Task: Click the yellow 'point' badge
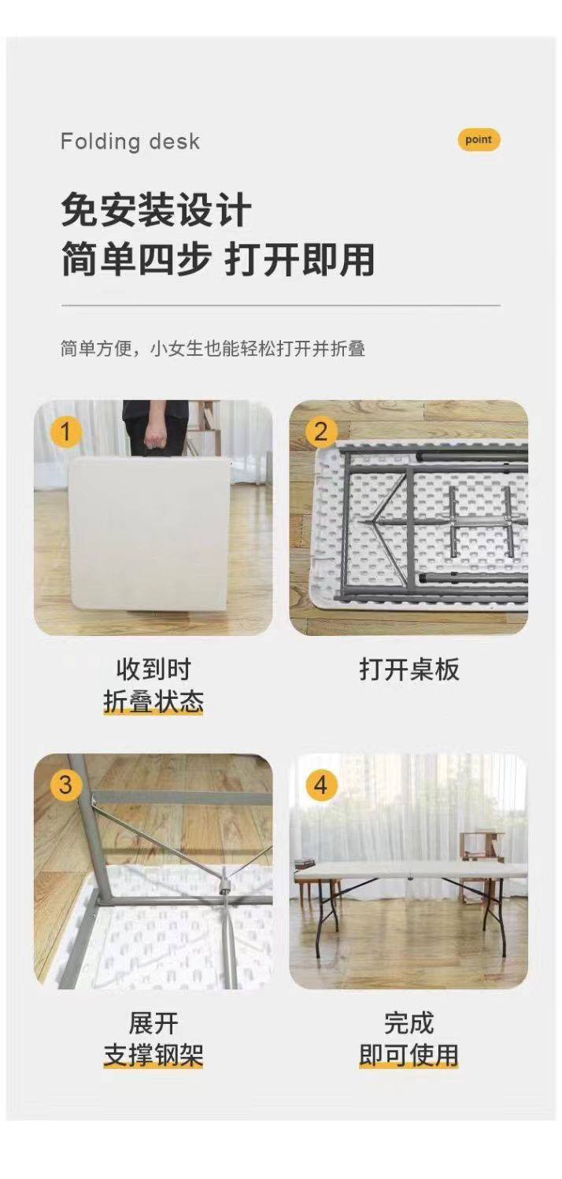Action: pos(478,140)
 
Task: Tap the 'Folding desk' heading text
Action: pos(131,142)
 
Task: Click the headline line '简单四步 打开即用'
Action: pos(218,259)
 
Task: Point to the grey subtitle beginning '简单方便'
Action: pos(213,349)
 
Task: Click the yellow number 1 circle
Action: pos(65,433)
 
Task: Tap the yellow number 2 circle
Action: pos(320,433)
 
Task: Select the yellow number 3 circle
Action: pos(65,785)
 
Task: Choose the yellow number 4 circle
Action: pos(320,785)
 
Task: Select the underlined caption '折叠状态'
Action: pos(153,701)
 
